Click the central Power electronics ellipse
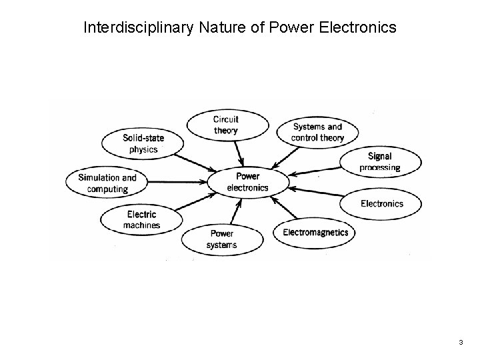(x=248, y=182)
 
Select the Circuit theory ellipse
(x=227, y=125)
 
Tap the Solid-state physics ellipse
(x=143, y=143)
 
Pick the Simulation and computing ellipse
(x=107, y=183)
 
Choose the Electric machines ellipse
(x=141, y=219)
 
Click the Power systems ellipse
(x=222, y=239)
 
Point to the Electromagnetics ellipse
(x=315, y=233)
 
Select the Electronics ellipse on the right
(x=381, y=203)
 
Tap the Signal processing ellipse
(x=380, y=162)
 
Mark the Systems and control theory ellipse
(x=318, y=132)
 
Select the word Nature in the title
(x=214, y=28)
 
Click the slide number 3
(x=460, y=342)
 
